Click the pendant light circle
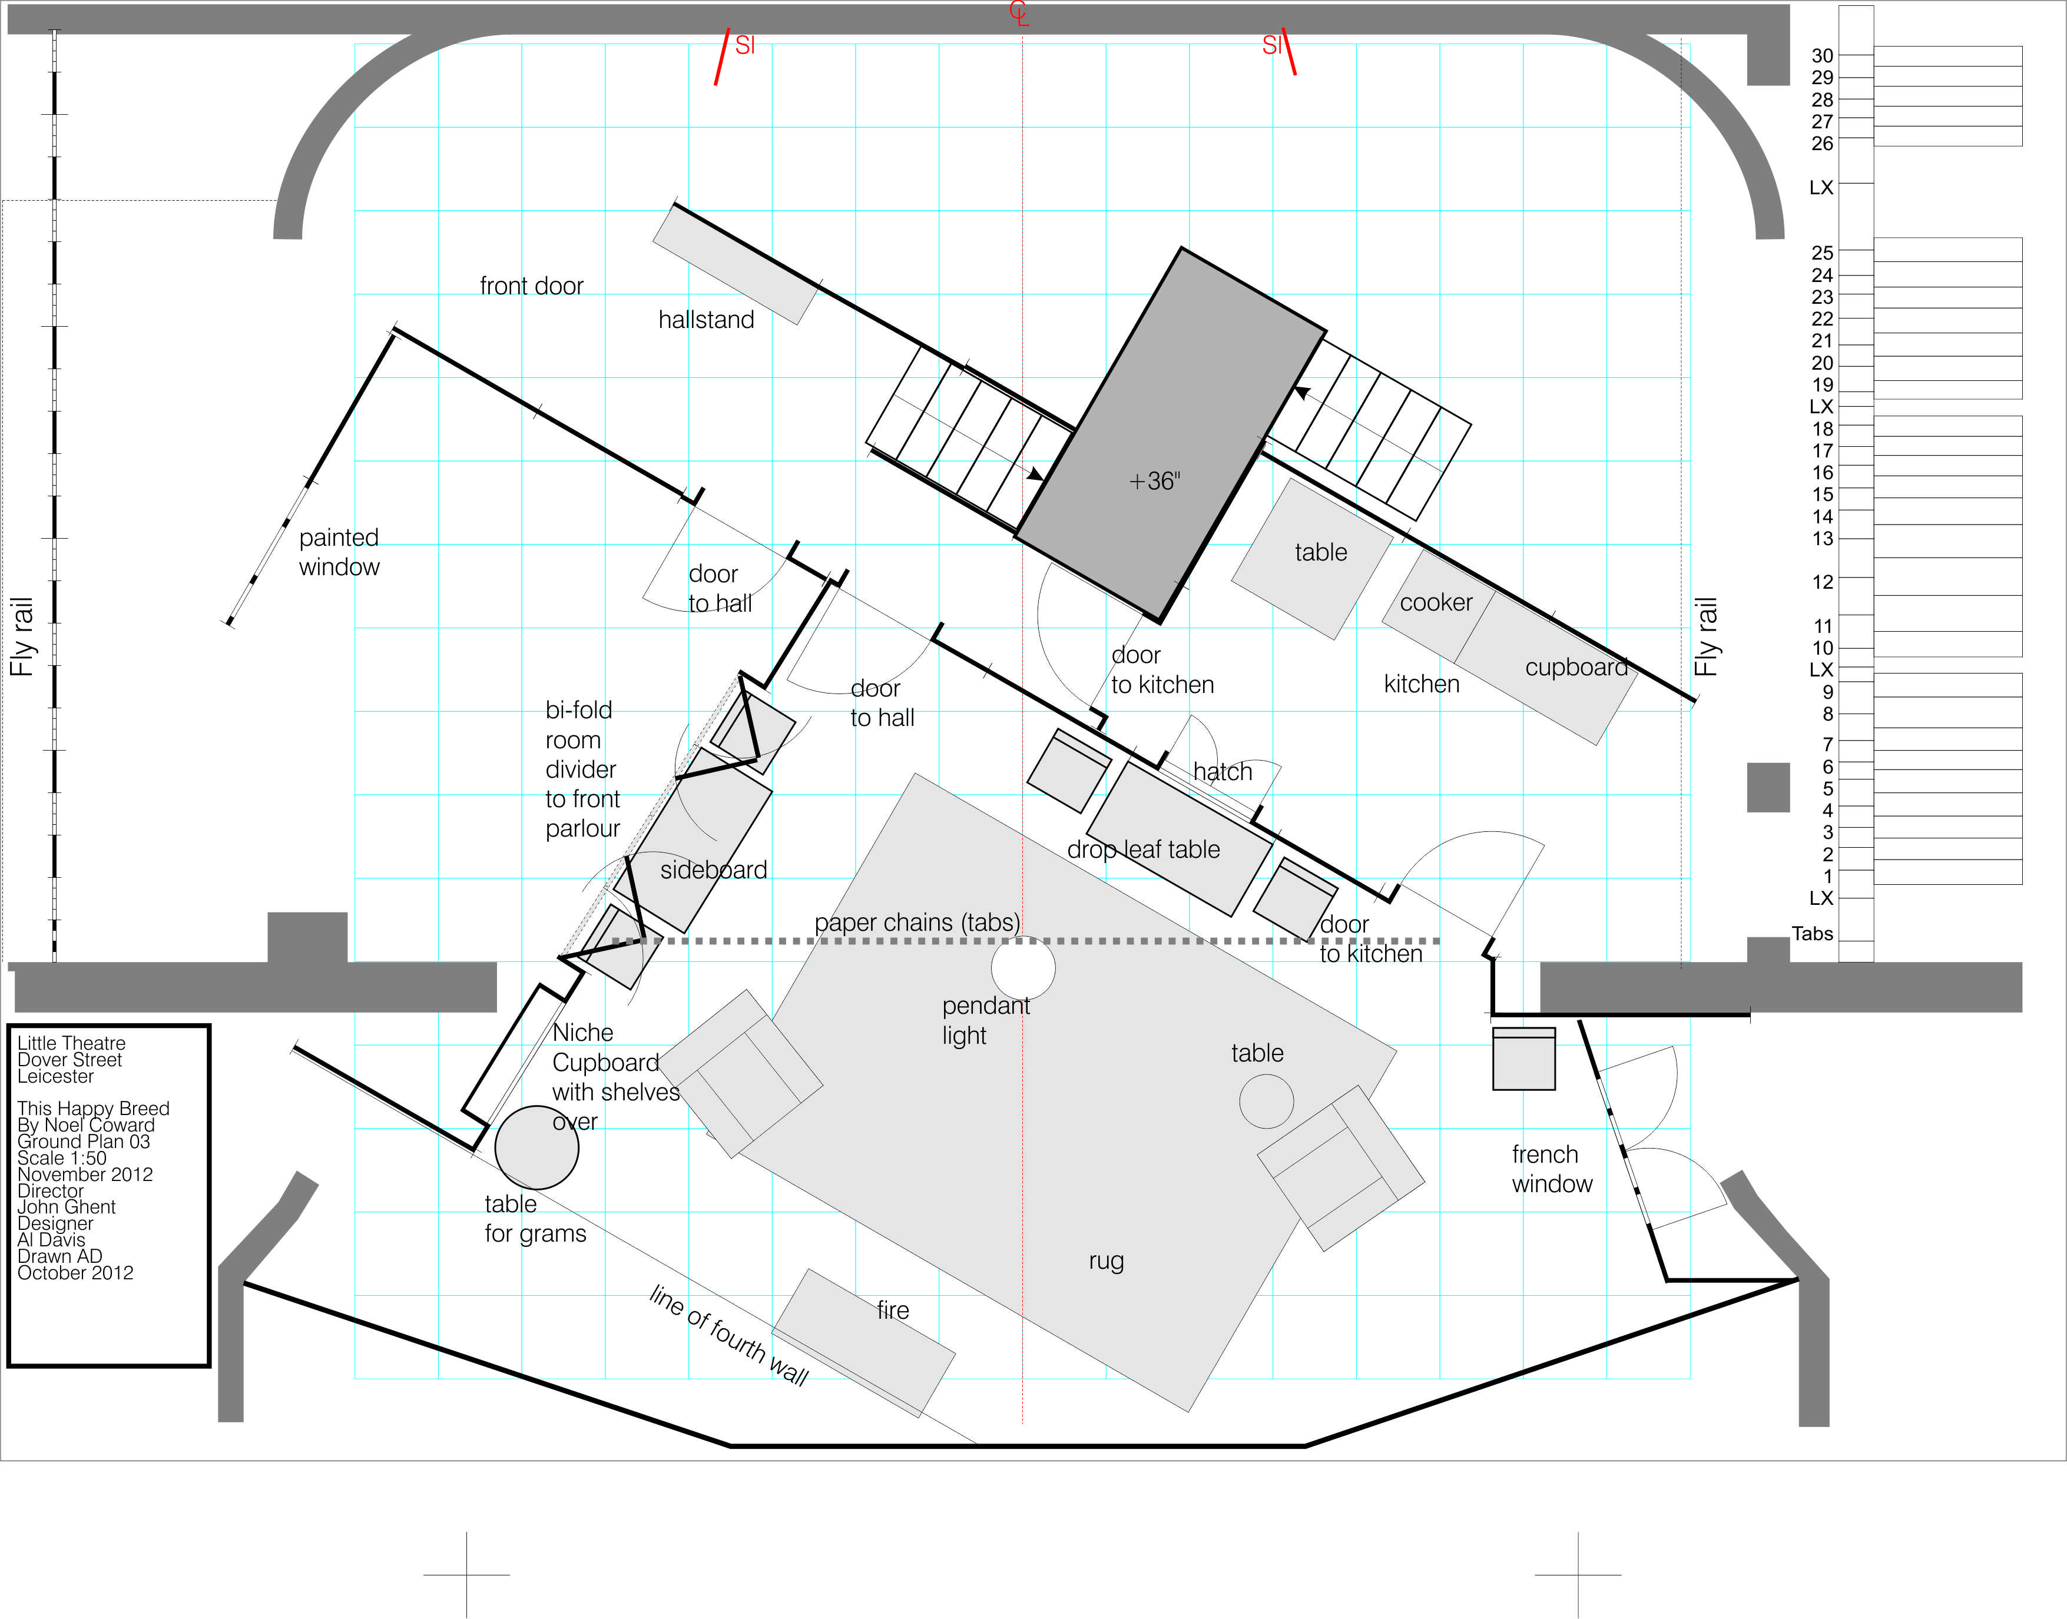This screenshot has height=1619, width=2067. (x=1023, y=968)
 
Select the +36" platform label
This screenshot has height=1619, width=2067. (x=1154, y=482)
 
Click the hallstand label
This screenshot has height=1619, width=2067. (x=707, y=320)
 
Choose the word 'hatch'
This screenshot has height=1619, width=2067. (x=1222, y=772)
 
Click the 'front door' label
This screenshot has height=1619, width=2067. (x=531, y=286)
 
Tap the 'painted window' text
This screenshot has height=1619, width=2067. (x=339, y=552)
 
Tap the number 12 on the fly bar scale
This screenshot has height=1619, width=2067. (x=1823, y=582)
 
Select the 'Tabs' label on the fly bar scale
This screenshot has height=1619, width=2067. (x=1812, y=934)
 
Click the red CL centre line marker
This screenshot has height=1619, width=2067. (x=1018, y=14)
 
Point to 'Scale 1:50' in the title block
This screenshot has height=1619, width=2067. (x=62, y=1159)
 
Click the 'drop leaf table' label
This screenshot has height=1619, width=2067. (x=1144, y=850)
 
